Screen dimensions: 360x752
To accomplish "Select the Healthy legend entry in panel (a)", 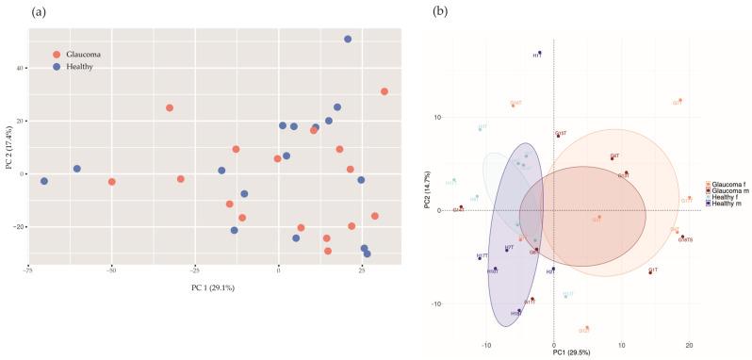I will click(x=76, y=68).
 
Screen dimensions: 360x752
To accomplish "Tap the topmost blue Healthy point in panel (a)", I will click(x=348, y=40).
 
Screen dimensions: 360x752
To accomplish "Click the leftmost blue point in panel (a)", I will click(x=43, y=181).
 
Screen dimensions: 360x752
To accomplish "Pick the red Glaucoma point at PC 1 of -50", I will click(x=111, y=182).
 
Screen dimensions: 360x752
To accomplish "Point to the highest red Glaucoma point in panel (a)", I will click(x=384, y=91).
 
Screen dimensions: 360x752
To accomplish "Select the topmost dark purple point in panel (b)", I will click(x=539, y=53).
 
